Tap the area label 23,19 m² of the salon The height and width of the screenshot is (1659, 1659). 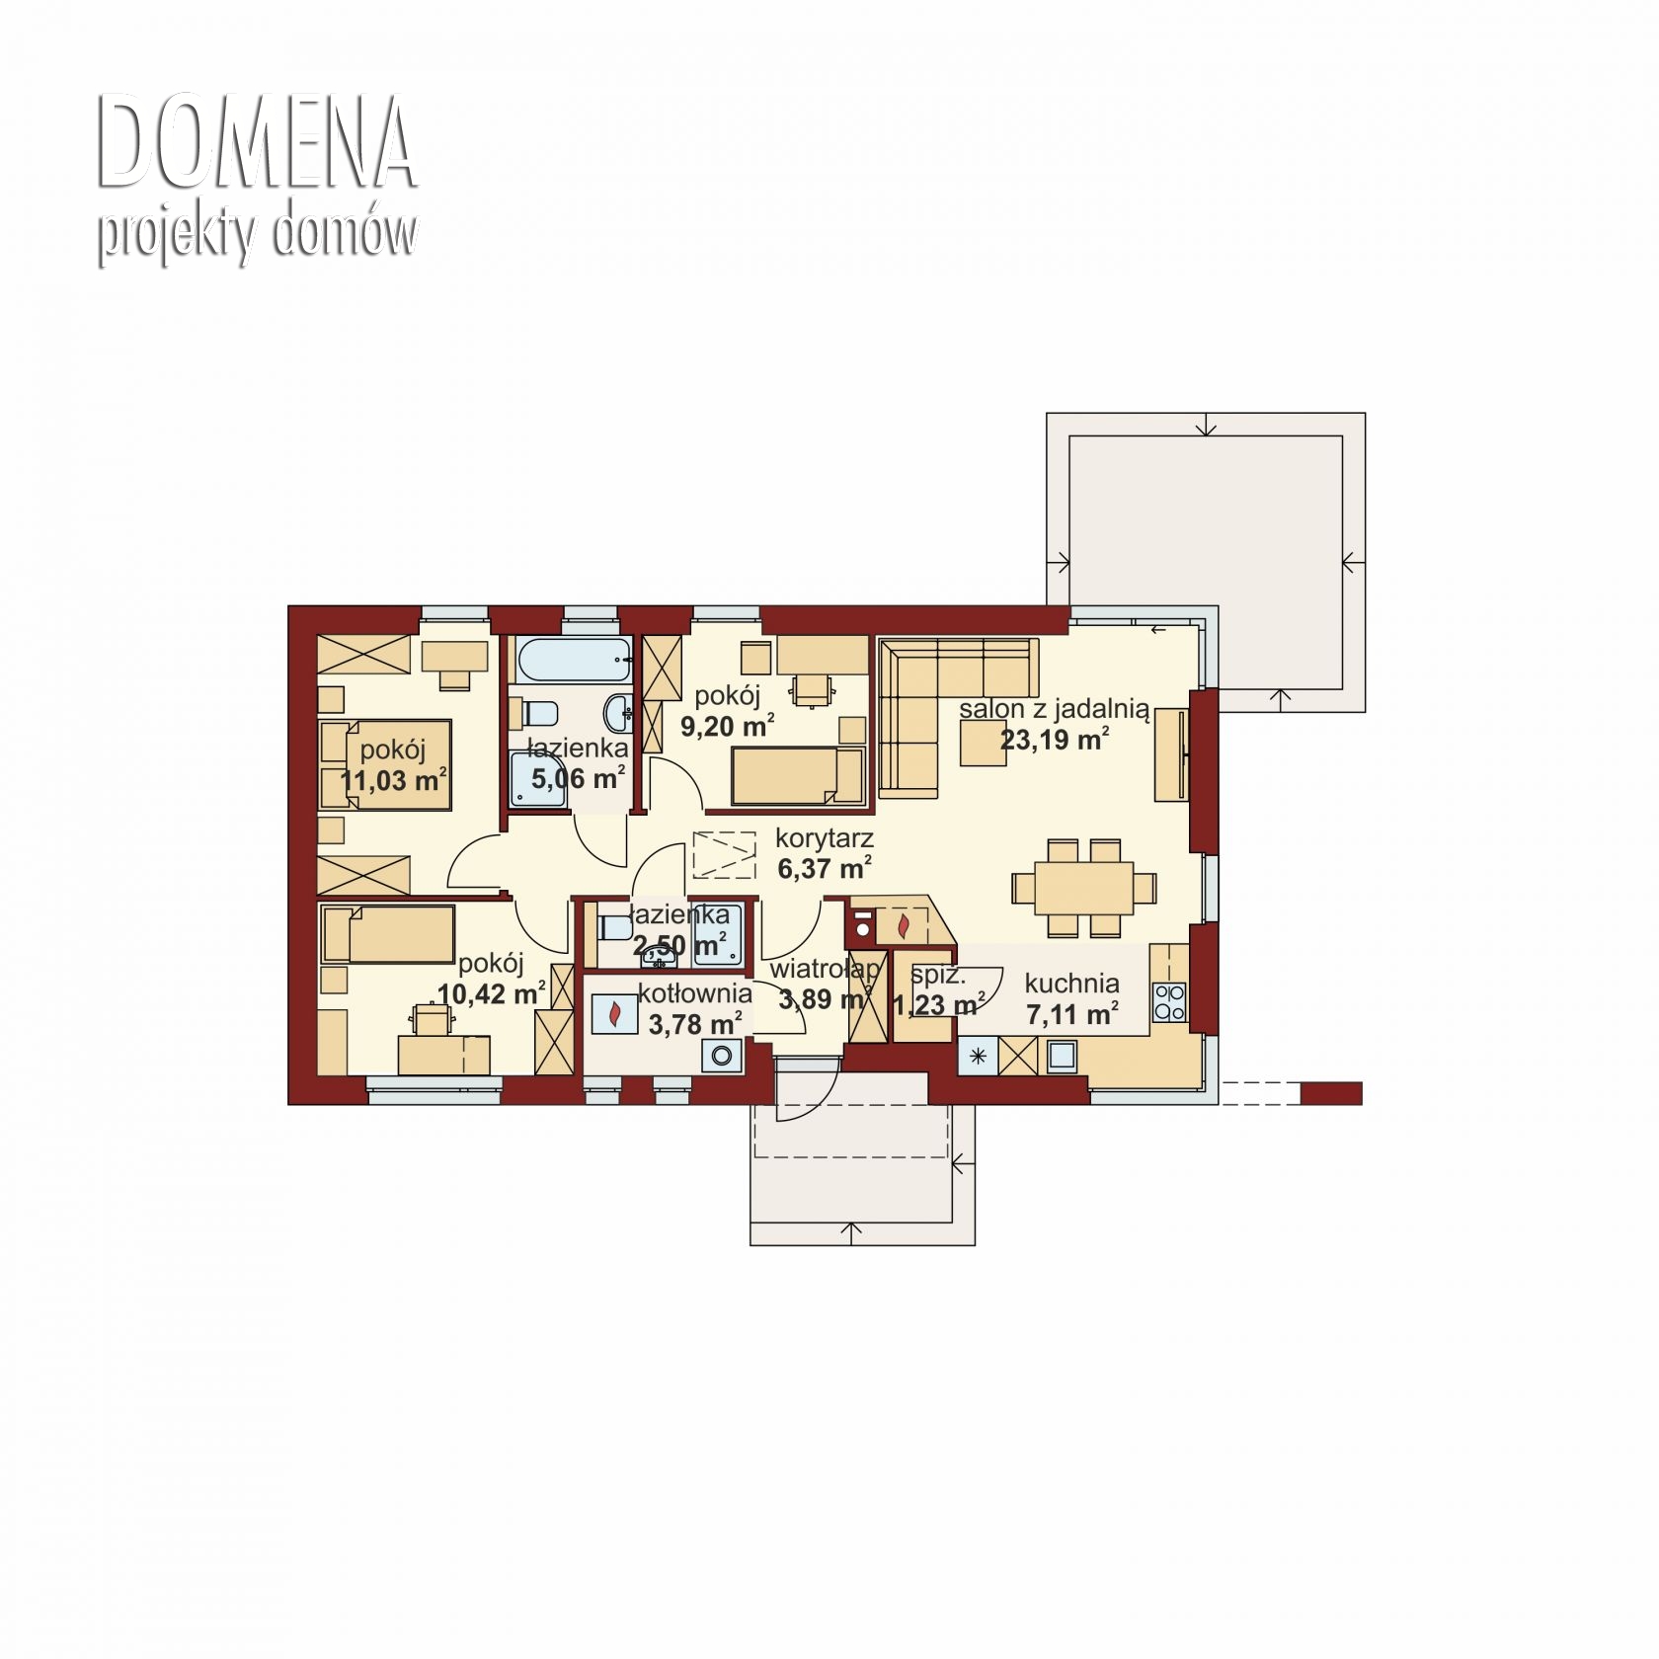tap(1054, 740)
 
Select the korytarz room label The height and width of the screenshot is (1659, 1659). tap(825, 840)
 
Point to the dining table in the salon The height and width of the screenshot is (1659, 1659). tap(1083, 888)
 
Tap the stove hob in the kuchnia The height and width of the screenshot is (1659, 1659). tap(1170, 1002)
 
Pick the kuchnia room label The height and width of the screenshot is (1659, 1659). tap(1071, 984)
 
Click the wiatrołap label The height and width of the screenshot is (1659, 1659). tap(825, 971)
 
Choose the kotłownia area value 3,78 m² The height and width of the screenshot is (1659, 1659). tap(695, 1024)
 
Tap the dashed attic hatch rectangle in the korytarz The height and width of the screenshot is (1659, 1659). tap(724, 855)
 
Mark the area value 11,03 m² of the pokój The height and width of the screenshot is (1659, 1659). tap(393, 781)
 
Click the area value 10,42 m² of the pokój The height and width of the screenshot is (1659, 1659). tap(491, 992)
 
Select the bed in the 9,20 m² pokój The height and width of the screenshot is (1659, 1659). tap(798, 776)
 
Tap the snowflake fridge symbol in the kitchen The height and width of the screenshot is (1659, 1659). tap(978, 1057)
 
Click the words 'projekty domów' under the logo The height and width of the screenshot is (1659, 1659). tap(257, 235)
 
